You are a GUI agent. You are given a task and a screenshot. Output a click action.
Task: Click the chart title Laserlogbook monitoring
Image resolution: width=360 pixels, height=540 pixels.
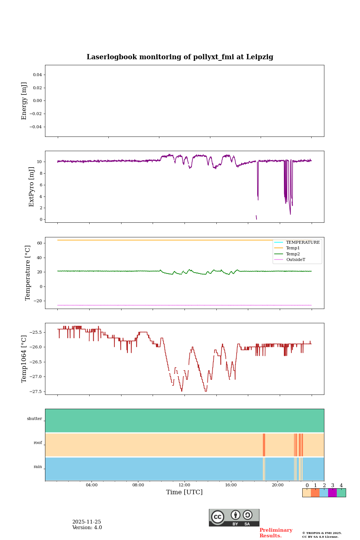[180, 57]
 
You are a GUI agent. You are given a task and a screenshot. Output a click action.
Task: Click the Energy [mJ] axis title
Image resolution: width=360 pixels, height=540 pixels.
[24, 101]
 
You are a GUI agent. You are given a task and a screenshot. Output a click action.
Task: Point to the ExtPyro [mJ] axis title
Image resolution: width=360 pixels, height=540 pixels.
[31, 187]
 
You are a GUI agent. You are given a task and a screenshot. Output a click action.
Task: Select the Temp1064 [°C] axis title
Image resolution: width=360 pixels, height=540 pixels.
[24, 359]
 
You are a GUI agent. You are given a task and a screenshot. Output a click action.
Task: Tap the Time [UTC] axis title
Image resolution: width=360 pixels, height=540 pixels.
[184, 492]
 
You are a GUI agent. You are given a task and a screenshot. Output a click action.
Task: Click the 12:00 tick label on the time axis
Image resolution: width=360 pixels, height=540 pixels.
[184, 485]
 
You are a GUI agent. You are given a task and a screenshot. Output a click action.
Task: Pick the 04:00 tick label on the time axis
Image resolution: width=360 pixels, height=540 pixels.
[91, 485]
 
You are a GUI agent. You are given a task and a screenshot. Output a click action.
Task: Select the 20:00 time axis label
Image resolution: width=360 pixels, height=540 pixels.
[277, 485]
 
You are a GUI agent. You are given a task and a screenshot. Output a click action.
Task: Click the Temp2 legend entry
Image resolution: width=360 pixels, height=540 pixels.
[293, 254]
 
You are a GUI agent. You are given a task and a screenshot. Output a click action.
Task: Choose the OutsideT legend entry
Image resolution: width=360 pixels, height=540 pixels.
[295, 259]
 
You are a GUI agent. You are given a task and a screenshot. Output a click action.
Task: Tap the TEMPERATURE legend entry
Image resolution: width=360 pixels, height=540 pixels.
[303, 242]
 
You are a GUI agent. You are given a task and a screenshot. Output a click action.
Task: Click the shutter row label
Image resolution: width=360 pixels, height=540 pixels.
[34, 419]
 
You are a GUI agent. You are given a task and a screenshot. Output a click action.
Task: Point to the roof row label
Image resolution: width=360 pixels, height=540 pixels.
[38, 443]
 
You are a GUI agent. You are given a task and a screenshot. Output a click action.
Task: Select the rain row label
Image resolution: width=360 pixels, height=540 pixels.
[38, 467]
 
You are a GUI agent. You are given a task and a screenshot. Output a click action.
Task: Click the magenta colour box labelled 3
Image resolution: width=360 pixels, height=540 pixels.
[332, 493]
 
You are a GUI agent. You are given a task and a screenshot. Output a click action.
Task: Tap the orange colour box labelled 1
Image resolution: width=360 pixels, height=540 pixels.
[315, 493]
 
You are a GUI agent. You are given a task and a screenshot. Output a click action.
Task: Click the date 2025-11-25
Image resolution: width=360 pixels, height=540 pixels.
[87, 522]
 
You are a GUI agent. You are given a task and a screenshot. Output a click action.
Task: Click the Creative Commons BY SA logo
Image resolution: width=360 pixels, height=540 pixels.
[234, 517]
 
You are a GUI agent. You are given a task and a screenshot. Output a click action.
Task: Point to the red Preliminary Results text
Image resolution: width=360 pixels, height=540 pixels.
[276, 533]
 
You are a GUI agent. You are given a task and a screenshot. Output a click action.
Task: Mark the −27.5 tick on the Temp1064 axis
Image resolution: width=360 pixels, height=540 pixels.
[37, 391]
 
